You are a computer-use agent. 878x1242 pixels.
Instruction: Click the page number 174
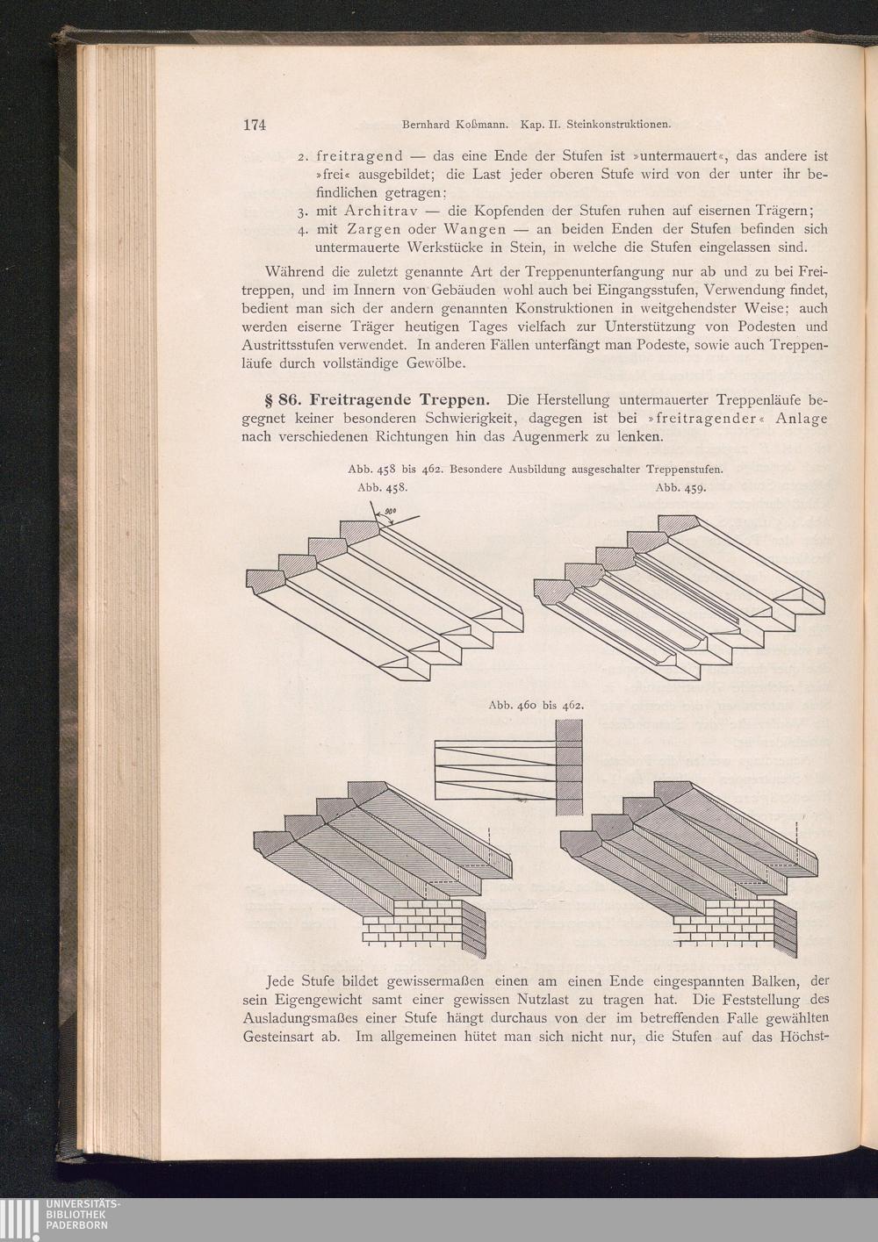pos(255,125)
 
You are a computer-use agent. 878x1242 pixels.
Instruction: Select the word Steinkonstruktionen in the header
pos(618,126)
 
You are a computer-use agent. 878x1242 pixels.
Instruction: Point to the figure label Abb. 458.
pos(383,488)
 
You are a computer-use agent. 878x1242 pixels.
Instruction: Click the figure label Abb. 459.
pos(680,488)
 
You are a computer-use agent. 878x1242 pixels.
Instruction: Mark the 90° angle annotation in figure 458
pos(388,513)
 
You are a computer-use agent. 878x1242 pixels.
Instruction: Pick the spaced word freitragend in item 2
pos(359,156)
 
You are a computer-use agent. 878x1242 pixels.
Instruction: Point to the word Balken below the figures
pos(774,981)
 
